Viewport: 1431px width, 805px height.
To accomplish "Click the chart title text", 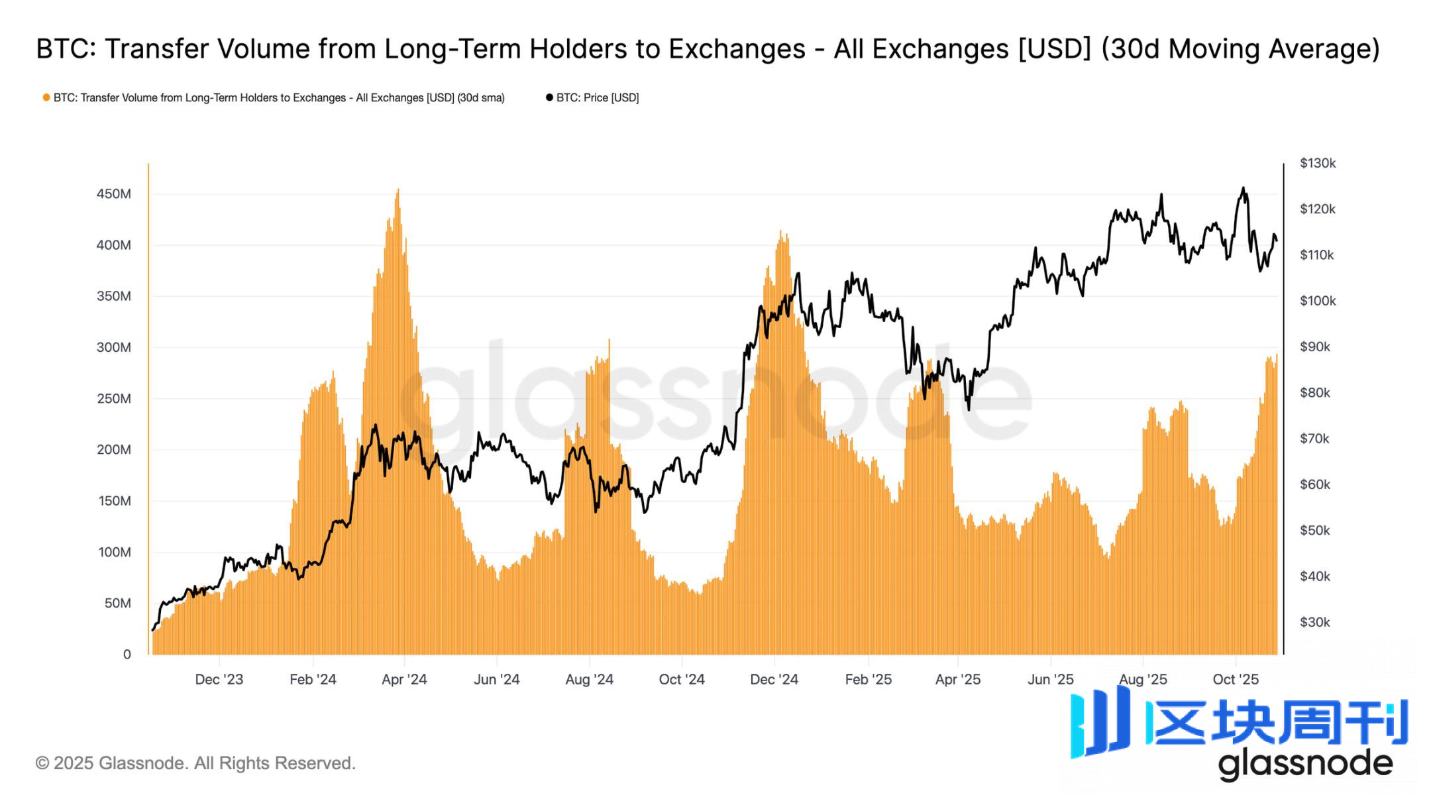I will [708, 49].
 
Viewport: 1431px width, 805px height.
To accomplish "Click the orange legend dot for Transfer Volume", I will [46, 97].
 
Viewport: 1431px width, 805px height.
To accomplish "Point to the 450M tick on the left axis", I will [114, 194].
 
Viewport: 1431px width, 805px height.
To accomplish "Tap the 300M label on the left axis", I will [114, 347].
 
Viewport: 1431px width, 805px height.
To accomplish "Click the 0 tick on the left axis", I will [127, 655].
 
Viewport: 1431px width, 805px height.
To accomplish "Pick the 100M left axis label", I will [114, 552].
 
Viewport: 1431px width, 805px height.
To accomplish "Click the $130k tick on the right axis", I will [1318, 163].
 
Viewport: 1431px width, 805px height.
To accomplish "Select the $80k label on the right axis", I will [1315, 393].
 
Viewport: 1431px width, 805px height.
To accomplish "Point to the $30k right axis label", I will [1315, 622].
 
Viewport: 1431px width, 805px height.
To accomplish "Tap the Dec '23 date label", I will [219, 679].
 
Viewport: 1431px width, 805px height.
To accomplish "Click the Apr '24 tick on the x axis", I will [404, 679].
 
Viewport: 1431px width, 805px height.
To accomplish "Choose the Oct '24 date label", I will [682, 679].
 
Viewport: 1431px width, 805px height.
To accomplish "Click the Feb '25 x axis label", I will [868, 679].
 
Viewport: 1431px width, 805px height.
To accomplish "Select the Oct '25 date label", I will [1236, 679].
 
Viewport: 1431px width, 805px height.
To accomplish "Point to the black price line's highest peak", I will [1243, 188].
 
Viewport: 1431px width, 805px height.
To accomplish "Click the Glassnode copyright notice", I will [195, 763].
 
